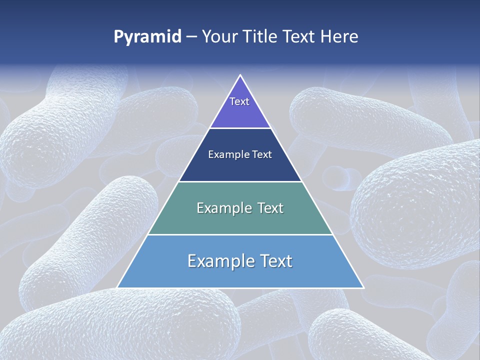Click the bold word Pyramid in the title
(147, 36)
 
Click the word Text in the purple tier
(239, 101)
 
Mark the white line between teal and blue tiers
(240, 234)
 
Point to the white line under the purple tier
(240, 128)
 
